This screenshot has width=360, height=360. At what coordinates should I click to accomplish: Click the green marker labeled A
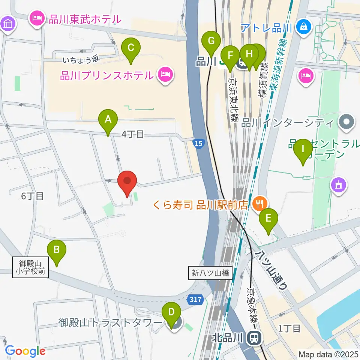108,121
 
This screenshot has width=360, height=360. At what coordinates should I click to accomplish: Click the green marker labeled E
268,219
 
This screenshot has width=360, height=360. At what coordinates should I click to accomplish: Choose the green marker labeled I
303,150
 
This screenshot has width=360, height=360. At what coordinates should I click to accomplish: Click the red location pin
127,181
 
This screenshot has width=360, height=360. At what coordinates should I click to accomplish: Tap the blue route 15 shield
199,143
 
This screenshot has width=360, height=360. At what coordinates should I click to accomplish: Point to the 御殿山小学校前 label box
31,267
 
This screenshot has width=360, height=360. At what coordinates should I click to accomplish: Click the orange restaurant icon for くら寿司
259,204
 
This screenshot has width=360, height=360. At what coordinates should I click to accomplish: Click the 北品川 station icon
254,339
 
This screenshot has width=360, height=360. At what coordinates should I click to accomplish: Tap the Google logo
25,351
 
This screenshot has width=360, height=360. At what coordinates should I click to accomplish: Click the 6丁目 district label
32,196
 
